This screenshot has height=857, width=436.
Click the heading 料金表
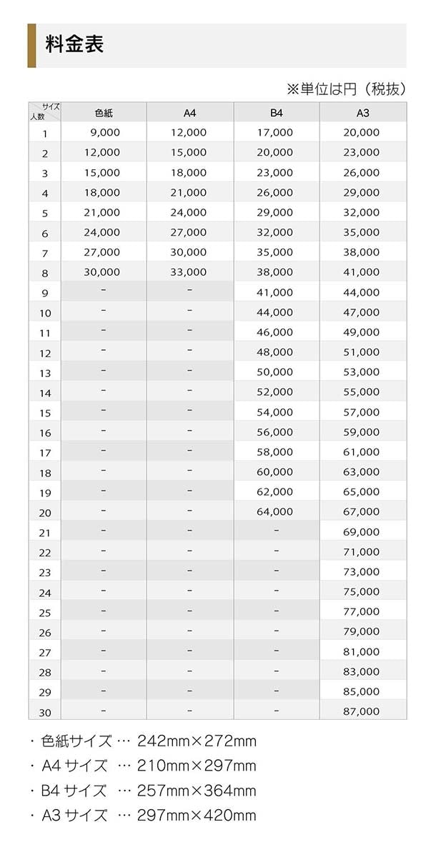click(75, 44)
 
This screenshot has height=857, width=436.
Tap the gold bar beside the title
click(31, 45)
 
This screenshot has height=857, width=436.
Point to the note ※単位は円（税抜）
click(347, 89)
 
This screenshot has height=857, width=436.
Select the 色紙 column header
click(104, 113)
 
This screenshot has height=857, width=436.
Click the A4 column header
click(189, 113)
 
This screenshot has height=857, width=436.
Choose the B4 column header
click(277, 113)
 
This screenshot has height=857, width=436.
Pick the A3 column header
click(362, 113)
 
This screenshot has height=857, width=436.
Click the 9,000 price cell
click(105, 132)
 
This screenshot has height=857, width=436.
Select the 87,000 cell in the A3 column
click(362, 711)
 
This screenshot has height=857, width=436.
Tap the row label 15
click(45, 413)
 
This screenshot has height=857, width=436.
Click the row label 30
click(45, 713)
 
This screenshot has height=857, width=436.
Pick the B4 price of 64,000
click(274, 511)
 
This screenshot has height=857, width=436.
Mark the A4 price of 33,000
click(189, 272)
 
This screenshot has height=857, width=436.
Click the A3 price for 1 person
click(362, 132)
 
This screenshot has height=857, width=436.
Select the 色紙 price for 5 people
click(101, 212)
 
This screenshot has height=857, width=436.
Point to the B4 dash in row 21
click(277, 531)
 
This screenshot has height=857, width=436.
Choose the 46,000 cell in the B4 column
click(274, 332)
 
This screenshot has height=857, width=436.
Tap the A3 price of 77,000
click(362, 611)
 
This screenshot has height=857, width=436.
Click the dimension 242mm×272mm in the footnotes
click(197, 741)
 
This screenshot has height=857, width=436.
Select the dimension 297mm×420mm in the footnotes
click(197, 816)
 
